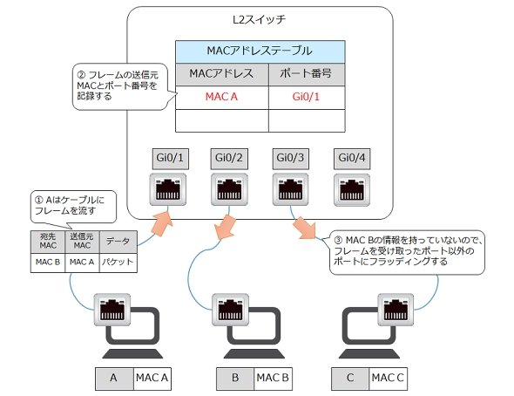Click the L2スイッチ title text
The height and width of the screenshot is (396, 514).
tap(259, 20)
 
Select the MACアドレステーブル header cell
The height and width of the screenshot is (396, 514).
tap(260, 51)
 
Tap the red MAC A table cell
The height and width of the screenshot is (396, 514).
tap(222, 97)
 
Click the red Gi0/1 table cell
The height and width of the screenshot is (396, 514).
tap(307, 97)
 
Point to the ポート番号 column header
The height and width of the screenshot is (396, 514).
tap(307, 74)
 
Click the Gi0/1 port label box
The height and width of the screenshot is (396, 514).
tap(170, 159)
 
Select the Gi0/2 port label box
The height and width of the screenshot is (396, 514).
tap(229, 159)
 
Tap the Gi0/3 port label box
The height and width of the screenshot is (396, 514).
tap(290, 159)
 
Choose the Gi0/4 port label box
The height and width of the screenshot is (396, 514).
tap(352, 159)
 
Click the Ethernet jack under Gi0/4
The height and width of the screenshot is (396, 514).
tap(352, 190)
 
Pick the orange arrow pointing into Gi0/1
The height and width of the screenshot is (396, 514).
tap(162, 223)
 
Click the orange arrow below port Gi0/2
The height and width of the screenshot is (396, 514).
tap(224, 227)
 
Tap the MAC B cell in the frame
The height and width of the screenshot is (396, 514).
tap(48, 263)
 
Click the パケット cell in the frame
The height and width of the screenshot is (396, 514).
tap(118, 263)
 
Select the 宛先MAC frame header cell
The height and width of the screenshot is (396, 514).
tap(48, 242)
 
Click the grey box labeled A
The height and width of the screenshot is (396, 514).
tap(114, 379)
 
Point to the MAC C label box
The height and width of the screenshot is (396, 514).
tap(389, 379)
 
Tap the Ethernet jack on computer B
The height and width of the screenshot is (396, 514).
tap(230, 310)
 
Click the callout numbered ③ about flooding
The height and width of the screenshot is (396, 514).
tap(407, 251)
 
